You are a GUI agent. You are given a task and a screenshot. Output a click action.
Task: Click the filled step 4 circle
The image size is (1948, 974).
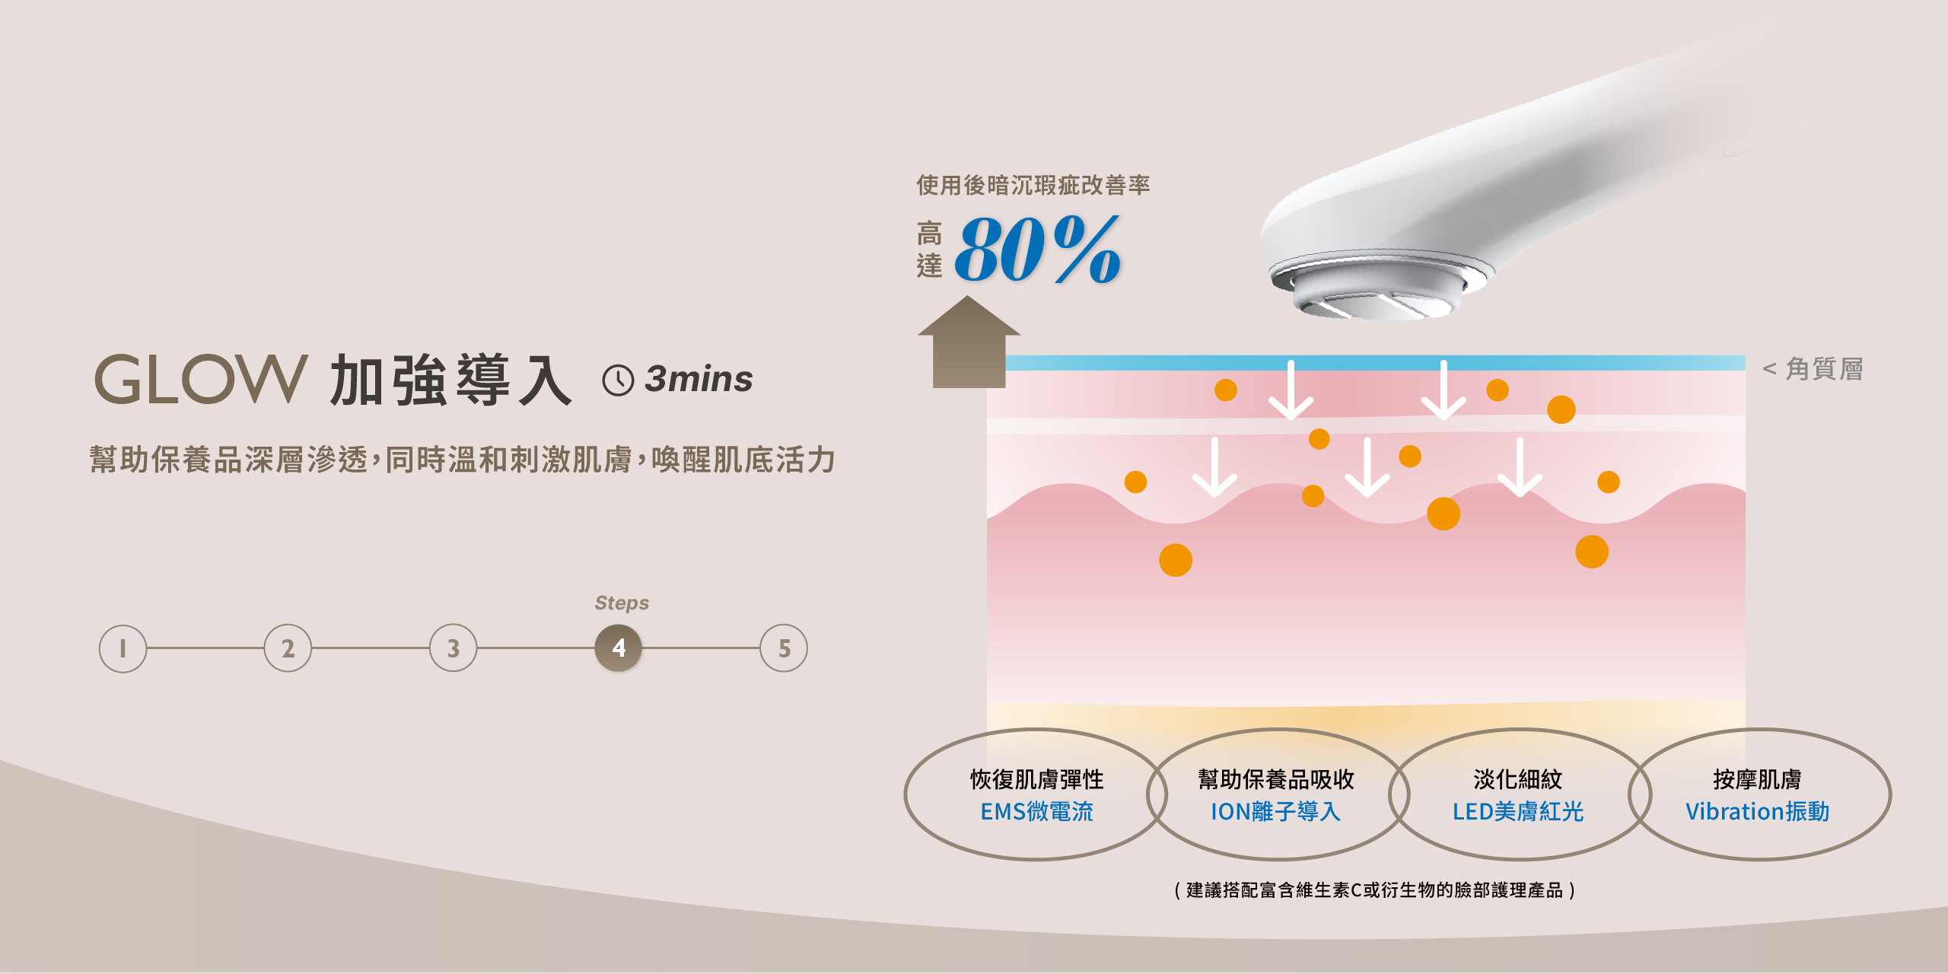click(619, 648)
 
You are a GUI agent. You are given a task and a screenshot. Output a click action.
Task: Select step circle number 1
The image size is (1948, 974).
click(123, 648)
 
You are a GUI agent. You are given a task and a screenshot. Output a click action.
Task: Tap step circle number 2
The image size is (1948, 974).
click(288, 648)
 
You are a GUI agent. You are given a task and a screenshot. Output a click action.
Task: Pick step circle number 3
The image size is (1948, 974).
click(453, 648)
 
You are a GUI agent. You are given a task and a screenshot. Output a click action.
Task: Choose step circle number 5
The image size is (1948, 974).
click(784, 648)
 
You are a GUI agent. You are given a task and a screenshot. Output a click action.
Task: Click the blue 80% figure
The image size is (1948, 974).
click(1037, 250)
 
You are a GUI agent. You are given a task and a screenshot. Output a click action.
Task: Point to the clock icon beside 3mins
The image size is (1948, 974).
click(618, 380)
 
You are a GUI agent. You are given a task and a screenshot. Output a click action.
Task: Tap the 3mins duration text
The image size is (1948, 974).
click(699, 379)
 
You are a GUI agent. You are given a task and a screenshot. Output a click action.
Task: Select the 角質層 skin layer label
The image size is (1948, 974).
click(1823, 369)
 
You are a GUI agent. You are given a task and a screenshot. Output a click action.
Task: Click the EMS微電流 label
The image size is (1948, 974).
click(1036, 812)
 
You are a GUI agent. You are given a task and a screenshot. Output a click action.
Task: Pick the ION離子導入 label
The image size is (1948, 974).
click(1275, 812)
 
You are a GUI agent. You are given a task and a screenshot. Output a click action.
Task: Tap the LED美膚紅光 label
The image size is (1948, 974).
click(1517, 812)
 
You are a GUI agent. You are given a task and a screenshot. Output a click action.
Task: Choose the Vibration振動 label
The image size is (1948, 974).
click(1757, 812)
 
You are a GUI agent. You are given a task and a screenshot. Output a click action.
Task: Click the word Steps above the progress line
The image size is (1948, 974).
click(622, 603)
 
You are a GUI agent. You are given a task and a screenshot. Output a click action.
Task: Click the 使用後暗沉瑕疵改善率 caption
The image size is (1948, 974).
click(1033, 185)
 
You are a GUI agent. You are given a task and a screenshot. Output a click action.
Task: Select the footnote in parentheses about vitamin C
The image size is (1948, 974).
click(1374, 890)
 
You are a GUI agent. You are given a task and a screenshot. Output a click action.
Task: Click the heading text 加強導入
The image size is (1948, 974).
click(450, 380)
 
